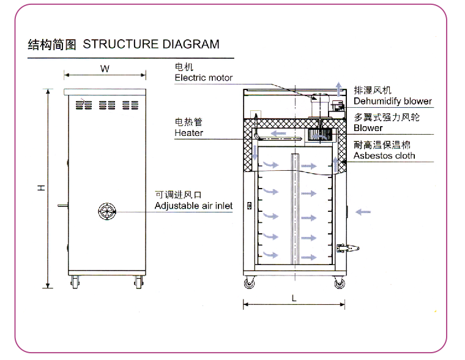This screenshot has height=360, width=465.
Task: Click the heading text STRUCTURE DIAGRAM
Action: (151, 44)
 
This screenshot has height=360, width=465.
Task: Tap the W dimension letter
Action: (105, 69)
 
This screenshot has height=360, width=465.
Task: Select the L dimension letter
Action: (294, 298)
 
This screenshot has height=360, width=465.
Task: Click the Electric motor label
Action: (203, 78)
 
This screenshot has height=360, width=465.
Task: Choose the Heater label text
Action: (188, 132)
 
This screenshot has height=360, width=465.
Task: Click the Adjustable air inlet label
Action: (193, 206)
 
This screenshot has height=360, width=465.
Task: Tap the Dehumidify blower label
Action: (392, 101)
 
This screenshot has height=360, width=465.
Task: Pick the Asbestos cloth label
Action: (384, 156)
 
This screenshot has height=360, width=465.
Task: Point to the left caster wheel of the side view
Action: (76, 283)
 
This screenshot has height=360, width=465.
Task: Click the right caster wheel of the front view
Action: (338, 283)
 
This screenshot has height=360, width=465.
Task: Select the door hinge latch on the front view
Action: (348, 249)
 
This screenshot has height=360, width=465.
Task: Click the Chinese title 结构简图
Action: (52, 44)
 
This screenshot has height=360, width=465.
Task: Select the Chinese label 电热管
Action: (184, 122)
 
